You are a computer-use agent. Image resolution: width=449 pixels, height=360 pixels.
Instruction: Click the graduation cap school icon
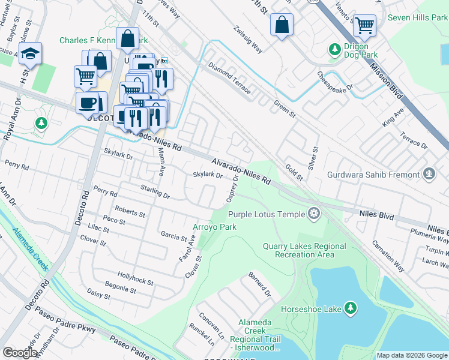pyautogui.click(x=30, y=54)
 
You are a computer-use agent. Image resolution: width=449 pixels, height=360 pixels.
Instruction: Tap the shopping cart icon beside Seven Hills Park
pyautogui.click(x=364, y=25)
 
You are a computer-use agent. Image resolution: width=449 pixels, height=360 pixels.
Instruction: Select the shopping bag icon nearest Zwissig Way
pyautogui.click(x=282, y=25)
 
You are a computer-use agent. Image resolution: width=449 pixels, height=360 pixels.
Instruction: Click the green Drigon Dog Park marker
pyautogui.click(x=334, y=47)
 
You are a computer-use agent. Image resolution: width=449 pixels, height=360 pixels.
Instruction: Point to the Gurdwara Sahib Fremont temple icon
pyautogui.click(x=429, y=175)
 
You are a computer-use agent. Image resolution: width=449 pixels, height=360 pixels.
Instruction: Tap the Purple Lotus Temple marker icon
pyautogui.click(x=313, y=213)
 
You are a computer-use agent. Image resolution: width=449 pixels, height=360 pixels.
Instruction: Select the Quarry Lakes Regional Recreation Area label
pyautogui.click(x=304, y=250)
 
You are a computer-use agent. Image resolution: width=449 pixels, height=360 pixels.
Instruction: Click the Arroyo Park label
pyautogui.click(x=214, y=227)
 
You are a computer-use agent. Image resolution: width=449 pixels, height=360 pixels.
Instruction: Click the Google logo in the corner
pyautogui.click(x=20, y=353)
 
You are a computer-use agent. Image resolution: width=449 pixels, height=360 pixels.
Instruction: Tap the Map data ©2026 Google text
pyautogui.click(x=411, y=355)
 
